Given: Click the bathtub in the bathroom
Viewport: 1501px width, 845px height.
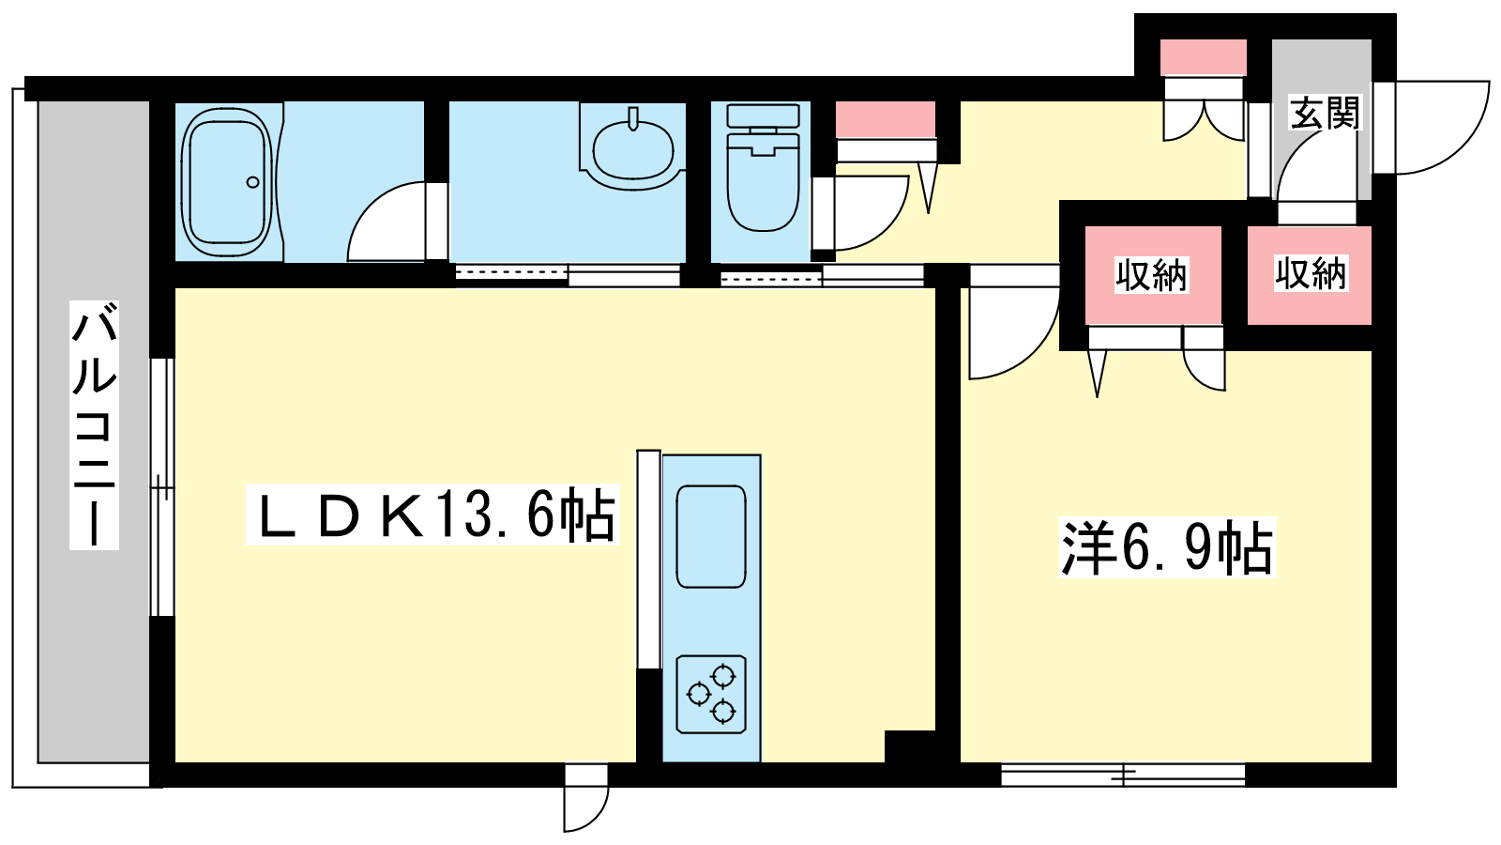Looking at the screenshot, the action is (x=227, y=182).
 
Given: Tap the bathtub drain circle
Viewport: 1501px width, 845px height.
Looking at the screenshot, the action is (x=252, y=182).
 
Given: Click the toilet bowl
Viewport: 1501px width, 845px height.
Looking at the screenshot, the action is (x=764, y=179).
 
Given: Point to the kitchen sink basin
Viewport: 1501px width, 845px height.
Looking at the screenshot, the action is (x=711, y=536).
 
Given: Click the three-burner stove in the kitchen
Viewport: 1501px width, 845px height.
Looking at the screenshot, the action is (x=711, y=694).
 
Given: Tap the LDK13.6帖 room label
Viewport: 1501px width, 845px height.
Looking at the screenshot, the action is (x=432, y=515).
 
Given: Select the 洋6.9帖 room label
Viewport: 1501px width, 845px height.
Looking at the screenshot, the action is (x=1167, y=547).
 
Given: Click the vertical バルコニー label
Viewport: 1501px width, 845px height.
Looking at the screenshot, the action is (x=95, y=425).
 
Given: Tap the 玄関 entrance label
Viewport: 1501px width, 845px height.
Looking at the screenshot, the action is (x=1325, y=113).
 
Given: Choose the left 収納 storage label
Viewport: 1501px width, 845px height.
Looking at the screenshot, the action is (x=1151, y=274).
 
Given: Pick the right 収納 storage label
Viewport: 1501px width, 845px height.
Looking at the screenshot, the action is (x=1311, y=273).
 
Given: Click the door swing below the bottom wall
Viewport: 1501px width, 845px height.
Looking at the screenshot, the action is (x=599, y=815).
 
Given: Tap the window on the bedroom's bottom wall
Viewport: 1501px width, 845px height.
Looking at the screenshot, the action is (x=1123, y=775).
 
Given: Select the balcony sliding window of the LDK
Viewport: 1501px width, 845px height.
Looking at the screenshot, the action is (x=161, y=487).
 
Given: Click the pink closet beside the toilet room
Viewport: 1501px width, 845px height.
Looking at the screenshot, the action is (x=886, y=119).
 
